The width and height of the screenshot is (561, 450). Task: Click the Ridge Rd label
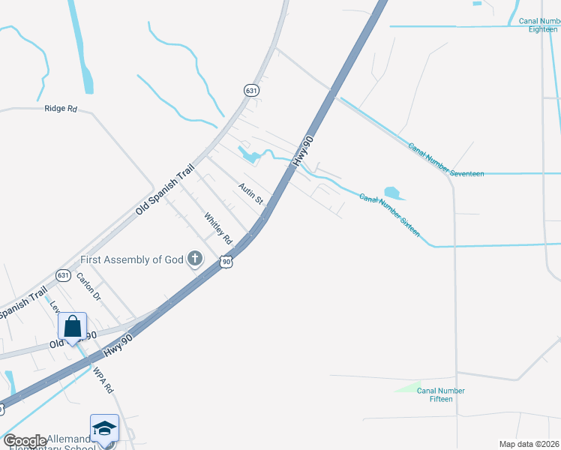pos(61,109)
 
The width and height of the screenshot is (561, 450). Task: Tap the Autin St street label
pos(251,193)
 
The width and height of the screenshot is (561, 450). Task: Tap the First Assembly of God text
pos(132,260)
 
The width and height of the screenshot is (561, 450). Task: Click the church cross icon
pos(195,259)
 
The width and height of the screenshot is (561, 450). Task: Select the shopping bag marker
pos(72,327)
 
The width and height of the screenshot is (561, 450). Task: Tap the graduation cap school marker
pos(104,428)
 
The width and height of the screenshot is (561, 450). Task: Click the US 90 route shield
pos(226,262)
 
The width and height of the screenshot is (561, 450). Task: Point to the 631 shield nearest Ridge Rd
pos(251,90)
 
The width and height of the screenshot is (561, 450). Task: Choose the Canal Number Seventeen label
pos(446,159)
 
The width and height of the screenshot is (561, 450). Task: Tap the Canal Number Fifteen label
pos(441,394)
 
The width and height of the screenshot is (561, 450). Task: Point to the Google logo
pos(25,441)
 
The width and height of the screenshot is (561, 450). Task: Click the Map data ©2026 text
pos(529,444)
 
